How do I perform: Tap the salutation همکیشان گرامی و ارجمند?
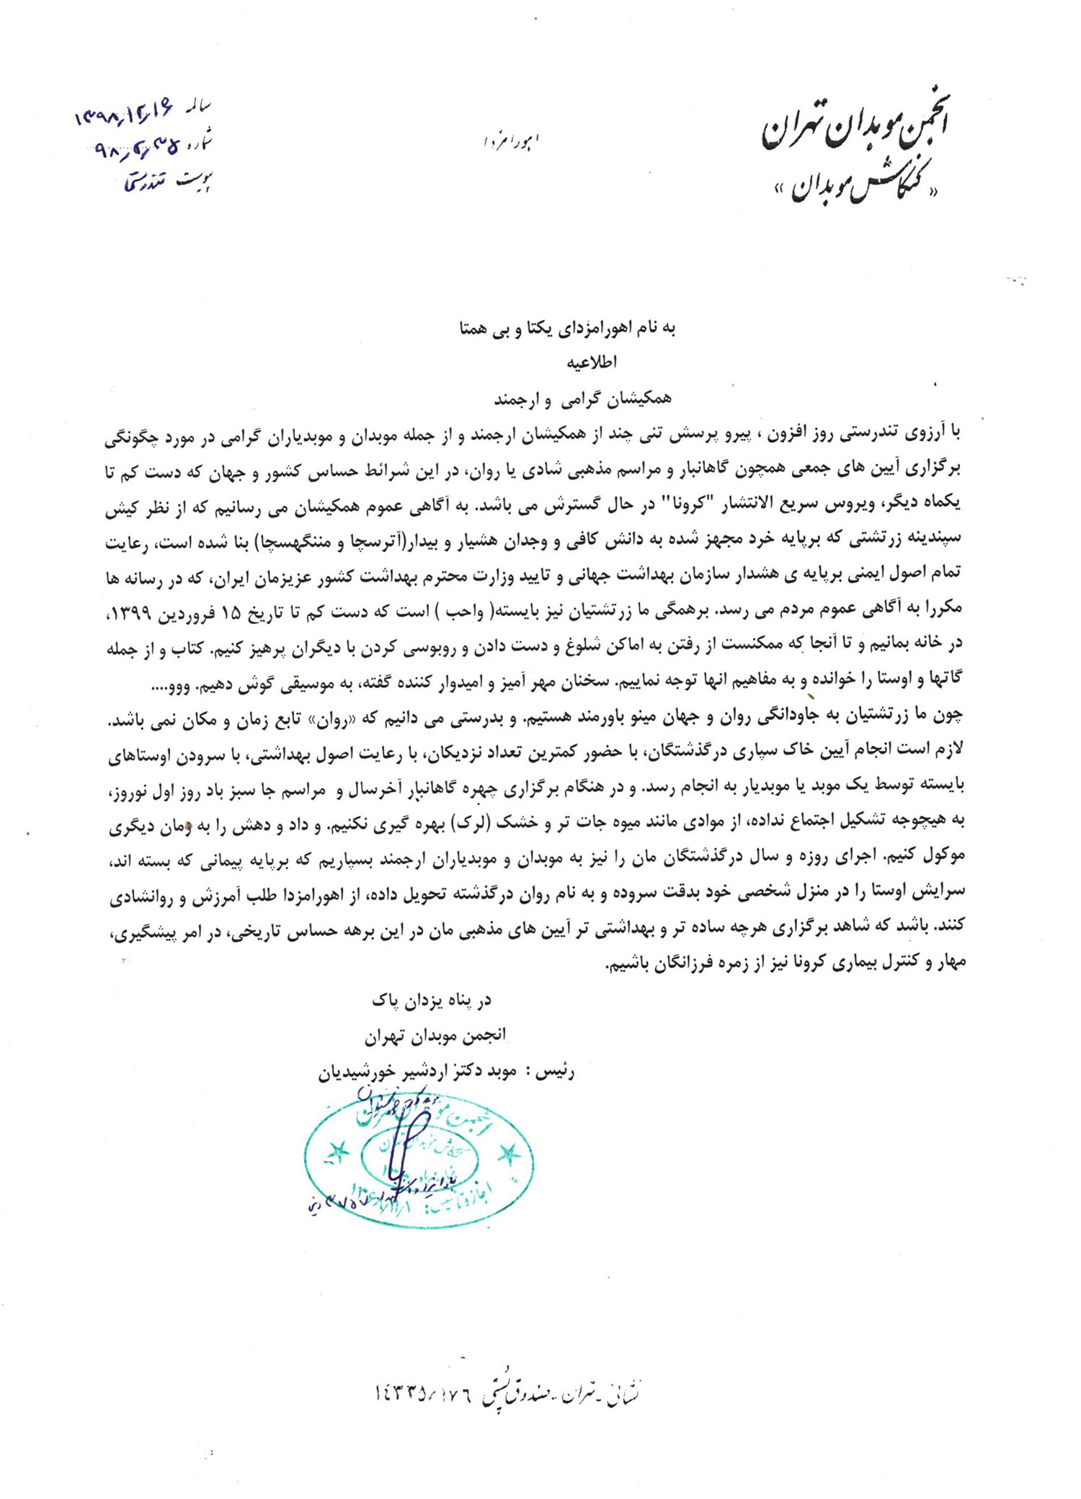point(582,398)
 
